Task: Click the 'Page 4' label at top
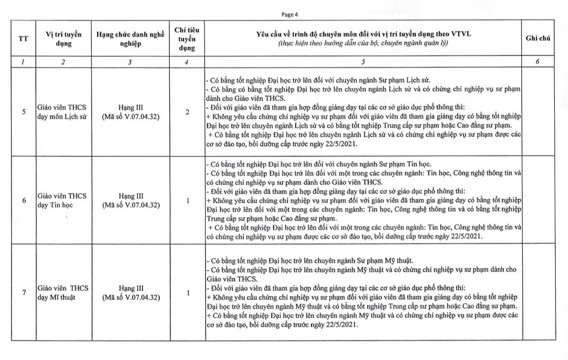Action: coord(289,14)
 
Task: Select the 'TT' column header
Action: coord(23,39)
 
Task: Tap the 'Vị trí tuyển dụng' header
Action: coord(63,39)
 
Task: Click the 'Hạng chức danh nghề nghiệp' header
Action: coord(130,39)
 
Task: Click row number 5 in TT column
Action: coord(24,113)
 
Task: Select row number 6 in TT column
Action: coord(24,201)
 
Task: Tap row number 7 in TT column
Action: coord(24,293)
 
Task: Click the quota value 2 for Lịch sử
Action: coord(187,113)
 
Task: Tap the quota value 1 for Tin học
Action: coord(187,201)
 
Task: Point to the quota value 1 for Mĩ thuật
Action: coord(187,293)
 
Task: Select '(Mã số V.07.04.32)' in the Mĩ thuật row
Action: coord(130,298)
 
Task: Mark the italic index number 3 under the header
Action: coord(130,62)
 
